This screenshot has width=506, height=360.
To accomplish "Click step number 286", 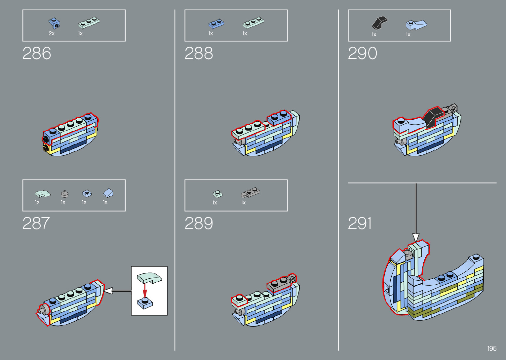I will [37, 54].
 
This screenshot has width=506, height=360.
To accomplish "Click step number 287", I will [36, 223].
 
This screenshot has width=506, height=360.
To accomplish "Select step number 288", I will [199, 54].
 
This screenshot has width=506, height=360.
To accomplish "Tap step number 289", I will [199, 223].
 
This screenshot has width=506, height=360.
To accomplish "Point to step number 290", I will [362, 54].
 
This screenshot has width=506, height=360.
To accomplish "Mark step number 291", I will [360, 223].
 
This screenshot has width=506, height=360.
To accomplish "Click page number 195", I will [492, 348].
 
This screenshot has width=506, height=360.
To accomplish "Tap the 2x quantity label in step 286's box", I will [52, 33].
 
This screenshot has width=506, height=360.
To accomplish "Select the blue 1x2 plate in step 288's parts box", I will [216, 24].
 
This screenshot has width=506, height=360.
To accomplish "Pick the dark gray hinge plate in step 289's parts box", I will [250, 193].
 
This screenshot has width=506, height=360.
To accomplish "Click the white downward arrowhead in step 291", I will [416, 237].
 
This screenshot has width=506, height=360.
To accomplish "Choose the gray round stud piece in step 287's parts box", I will [65, 194].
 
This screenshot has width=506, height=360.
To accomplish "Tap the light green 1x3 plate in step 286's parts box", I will [89, 22].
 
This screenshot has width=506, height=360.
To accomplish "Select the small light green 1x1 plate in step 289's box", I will [217, 194].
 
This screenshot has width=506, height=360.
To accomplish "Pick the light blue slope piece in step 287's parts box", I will [108, 193].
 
